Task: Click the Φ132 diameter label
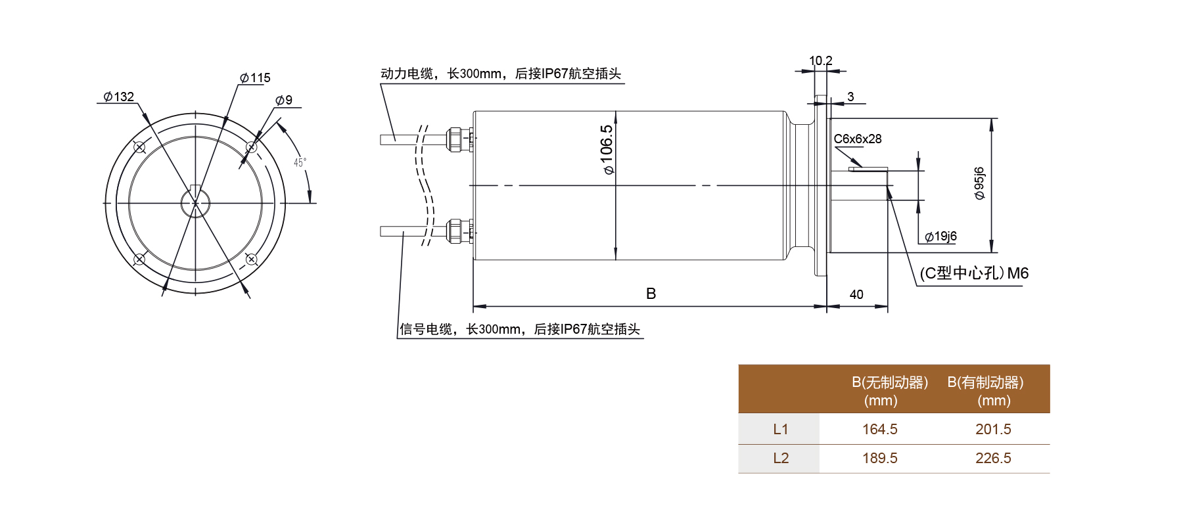point(119,97)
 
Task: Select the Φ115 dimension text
point(256,78)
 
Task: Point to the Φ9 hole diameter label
point(284,101)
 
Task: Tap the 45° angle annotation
point(300,162)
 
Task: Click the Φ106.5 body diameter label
point(607,150)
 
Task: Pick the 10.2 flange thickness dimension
point(820,61)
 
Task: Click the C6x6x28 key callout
point(858,139)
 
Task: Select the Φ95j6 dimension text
point(979,183)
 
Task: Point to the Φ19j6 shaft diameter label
point(941,236)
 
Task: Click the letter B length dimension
point(651,294)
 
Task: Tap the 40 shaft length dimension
point(856,295)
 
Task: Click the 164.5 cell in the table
point(879,430)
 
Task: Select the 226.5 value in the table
point(993,459)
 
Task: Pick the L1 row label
point(780,430)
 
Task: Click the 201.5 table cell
point(993,430)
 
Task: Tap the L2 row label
point(780,459)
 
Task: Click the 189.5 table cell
point(879,459)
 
